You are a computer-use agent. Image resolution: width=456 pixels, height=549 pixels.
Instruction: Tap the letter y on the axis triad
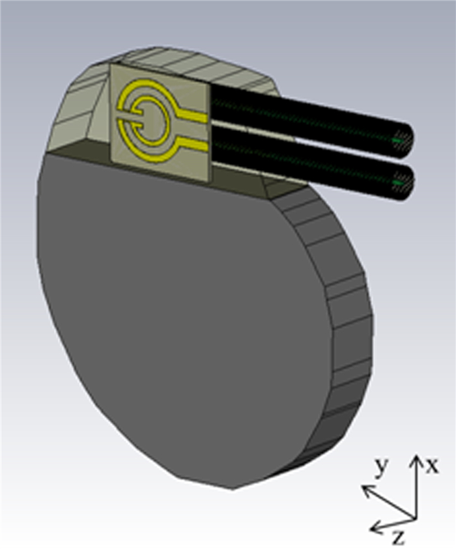point(381,466)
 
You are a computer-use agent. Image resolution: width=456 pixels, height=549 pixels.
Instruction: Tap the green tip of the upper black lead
point(398,139)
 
